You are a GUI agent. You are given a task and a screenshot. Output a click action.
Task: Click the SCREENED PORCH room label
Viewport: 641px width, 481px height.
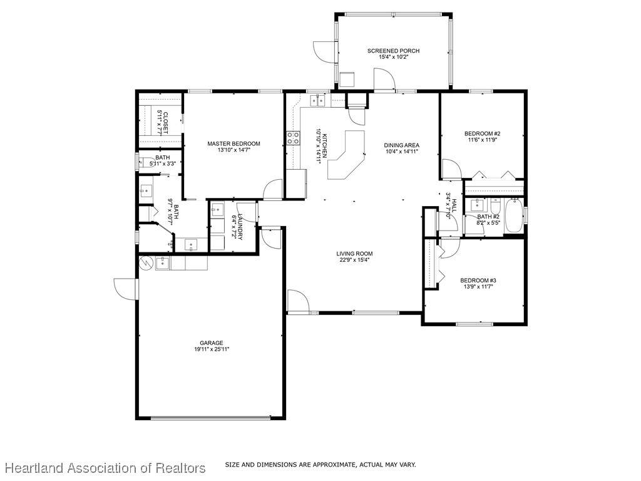[x=393, y=51]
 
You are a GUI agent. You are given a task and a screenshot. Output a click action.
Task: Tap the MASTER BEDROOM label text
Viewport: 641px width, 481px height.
[x=233, y=143]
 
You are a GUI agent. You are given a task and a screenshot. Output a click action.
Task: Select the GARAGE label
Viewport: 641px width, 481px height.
[x=212, y=343]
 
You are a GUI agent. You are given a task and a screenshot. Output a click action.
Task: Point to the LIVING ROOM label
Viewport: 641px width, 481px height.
[x=354, y=254]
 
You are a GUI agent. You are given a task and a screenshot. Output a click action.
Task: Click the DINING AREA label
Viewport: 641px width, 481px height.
[x=401, y=145]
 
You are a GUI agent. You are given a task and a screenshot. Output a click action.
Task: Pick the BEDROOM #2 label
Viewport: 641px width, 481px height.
[x=483, y=133]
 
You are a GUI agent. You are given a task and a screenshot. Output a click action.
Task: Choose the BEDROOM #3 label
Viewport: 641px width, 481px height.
[x=478, y=280]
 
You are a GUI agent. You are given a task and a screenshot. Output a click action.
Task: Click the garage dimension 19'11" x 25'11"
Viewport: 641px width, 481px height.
[x=212, y=349]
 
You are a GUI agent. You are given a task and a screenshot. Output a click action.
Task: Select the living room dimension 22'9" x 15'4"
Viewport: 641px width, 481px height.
[x=354, y=260]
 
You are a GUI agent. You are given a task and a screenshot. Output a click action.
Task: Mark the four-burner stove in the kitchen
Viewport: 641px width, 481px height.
[x=293, y=138]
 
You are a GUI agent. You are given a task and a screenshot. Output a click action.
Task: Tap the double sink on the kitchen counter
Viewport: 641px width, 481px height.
[x=317, y=100]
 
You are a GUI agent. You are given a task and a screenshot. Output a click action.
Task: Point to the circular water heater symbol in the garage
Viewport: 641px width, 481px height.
[x=145, y=263]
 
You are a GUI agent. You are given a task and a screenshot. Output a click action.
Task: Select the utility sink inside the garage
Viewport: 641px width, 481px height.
[x=163, y=263]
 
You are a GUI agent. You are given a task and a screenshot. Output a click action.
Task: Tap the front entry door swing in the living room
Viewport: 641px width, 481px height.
[x=298, y=301]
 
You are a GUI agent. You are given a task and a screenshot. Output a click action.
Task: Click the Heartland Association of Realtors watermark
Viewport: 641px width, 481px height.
[x=105, y=467]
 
